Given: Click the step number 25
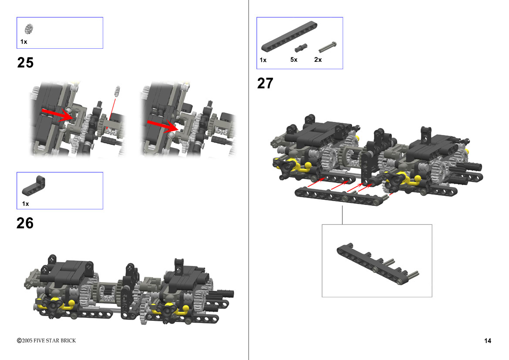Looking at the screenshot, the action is [x=25, y=63].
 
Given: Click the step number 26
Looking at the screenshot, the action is [x=25, y=223].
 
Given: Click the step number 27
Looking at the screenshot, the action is [x=265, y=84].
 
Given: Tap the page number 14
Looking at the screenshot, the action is [x=488, y=340].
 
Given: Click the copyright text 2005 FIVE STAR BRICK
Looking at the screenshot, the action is [x=46, y=340].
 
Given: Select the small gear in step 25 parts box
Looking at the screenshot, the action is [x=29, y=29].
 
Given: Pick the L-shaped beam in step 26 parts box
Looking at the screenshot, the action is [x=34, y=186].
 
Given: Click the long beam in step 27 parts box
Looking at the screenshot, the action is [x=289, y=36].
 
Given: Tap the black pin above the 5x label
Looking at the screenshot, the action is [x=301, y=48].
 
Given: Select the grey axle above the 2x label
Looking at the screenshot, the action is [x=327, y=47].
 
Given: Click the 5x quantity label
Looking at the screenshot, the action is [x=294, y=60].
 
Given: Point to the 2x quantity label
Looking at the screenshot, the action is [x=318, y=60].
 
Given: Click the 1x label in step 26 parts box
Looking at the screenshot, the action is [x=25, y=204].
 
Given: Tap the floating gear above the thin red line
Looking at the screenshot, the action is [x=117, y=91].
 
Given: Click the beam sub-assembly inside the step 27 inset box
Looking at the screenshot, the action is [x=378, y=264].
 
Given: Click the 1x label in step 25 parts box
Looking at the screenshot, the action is [x=24, y=42].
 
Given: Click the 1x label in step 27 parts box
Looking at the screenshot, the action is [x=263, y=60].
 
